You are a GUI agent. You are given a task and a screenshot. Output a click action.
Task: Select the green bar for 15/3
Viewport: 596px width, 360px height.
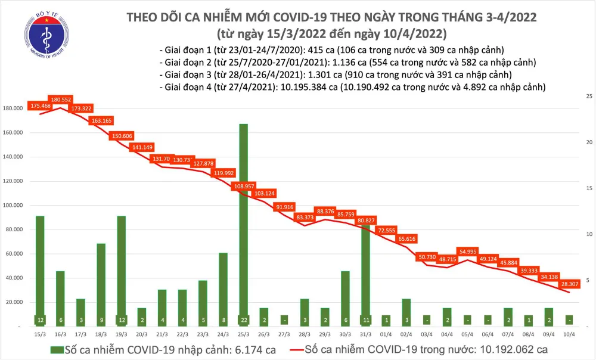(40, 268)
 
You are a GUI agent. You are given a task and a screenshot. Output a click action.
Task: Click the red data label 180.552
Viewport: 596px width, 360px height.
(61, 100)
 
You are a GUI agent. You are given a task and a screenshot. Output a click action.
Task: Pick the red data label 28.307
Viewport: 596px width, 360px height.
(571, 284)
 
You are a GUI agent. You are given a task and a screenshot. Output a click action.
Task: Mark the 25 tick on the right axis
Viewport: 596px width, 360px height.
(588, 96)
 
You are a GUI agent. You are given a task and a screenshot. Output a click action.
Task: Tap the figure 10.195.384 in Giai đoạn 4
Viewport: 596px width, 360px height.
(303, 87)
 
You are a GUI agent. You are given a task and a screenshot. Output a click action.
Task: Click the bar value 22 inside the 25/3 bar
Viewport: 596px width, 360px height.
(244, 319)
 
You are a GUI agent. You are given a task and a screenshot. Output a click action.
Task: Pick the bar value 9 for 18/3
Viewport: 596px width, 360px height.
(101, 319)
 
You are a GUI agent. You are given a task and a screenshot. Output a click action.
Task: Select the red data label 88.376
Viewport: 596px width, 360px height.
(325, 211)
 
